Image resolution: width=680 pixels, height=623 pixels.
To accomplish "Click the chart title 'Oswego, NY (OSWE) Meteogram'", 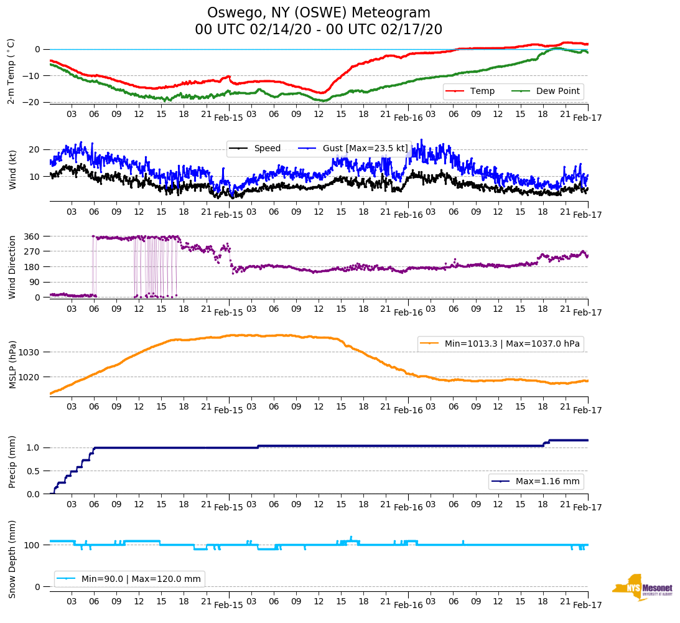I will tap(319, 13).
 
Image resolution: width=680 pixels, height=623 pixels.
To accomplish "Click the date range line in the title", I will tap(319, 29).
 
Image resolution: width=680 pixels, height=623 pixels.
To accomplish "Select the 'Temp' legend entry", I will tap(482, 91).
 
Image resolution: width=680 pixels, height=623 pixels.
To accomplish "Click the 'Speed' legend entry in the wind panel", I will tap(267, 148).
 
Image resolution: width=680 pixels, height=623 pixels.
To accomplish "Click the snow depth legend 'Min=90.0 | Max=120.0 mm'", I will tap(141, 579).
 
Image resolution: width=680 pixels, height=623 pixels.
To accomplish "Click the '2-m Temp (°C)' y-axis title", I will tap(11, 70).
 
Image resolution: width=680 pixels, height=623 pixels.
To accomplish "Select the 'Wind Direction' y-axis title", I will tap(12, 266).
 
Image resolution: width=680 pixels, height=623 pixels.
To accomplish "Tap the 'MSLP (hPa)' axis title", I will tap(12, 365).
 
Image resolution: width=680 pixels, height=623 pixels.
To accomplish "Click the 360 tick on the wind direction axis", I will tap(32, 237).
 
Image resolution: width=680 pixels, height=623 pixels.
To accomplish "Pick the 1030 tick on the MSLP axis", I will tap(30, 352).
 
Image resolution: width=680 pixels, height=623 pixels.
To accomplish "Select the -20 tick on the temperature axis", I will tap(32, 102).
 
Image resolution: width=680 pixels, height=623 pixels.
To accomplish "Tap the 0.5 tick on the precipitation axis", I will tap(34, 471).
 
